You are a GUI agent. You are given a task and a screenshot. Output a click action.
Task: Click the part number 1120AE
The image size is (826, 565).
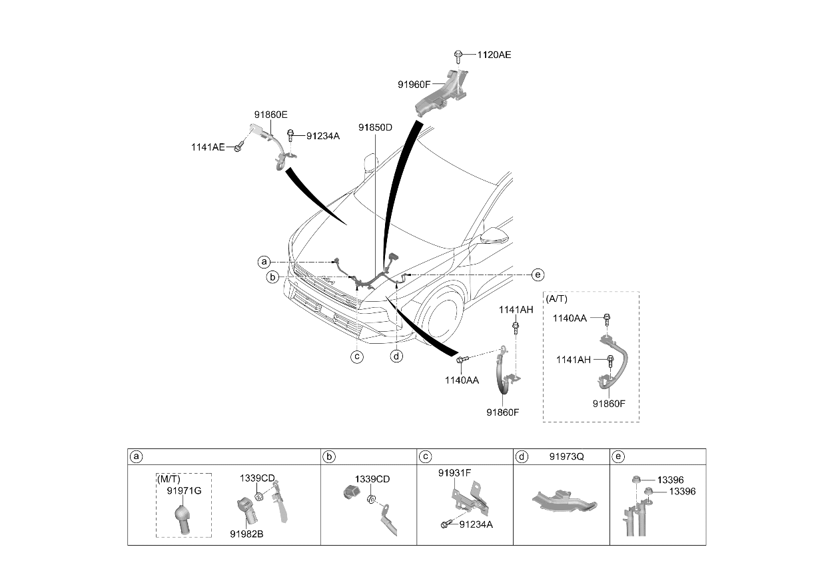click(494, 55)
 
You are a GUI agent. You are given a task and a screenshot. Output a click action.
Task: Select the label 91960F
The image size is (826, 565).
click(414, 85)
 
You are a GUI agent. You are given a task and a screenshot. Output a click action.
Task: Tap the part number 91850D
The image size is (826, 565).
click(376, 128)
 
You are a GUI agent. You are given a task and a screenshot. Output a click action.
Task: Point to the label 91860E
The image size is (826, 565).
click(270, 115)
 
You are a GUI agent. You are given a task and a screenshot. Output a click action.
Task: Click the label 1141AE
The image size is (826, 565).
click(208, 147)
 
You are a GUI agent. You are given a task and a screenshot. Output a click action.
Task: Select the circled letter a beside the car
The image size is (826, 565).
click(264, 263)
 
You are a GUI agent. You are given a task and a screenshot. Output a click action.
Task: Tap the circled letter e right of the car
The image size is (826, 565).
click(538, 275)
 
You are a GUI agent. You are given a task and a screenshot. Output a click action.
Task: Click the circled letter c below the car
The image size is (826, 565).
click(357, 356)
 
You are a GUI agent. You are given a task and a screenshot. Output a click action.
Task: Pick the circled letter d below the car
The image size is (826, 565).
click(396, 356)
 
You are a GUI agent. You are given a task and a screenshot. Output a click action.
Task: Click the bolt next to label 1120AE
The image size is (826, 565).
click(458, 57)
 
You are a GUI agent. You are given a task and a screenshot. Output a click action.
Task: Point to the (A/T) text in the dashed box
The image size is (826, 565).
click(557, 298)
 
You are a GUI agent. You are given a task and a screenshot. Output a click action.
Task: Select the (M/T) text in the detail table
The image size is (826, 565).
click(169, 479)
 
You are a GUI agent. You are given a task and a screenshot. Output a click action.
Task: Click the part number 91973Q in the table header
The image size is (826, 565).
click(567, 456)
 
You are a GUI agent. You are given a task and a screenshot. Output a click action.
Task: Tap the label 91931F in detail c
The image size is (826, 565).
click(455, 473)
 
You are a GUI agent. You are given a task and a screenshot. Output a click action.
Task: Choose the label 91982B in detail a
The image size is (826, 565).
click(246, 534)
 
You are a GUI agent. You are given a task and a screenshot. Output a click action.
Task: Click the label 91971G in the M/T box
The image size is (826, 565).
click(184, 491)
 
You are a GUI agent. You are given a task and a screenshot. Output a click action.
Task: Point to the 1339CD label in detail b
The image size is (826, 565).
click(372, 479)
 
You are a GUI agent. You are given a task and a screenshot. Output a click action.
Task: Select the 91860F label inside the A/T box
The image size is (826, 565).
click(609, 404)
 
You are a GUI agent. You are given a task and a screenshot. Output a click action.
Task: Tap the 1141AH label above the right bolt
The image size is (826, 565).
click(516, 310)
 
